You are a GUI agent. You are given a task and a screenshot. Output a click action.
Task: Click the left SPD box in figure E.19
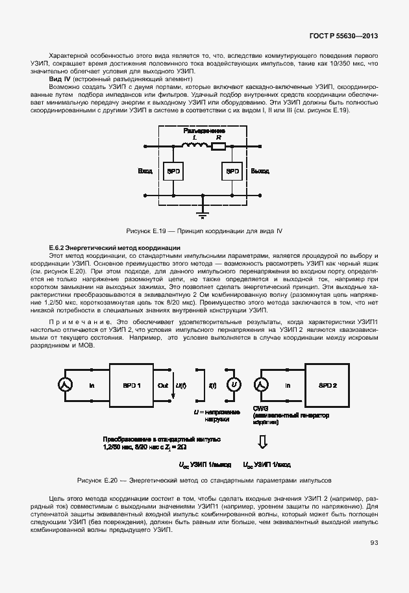(x=174, y=171)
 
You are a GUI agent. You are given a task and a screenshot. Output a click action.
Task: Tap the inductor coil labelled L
(x=192, y=147)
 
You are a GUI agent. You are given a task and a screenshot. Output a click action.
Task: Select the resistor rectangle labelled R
(x=219, y=147)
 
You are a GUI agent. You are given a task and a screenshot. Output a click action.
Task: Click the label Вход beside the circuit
(x=145, y=171)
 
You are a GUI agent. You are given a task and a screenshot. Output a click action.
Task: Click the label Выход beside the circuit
(x=260, y=171)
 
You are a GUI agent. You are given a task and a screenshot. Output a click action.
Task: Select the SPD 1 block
(x=130, y=385)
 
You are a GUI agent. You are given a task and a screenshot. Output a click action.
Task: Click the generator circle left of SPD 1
(x=65, y=385)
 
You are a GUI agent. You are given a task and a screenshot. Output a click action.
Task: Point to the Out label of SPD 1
(x=163, y=385)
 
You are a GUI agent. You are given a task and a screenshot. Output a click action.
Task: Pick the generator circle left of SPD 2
(x=261, y=385)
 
